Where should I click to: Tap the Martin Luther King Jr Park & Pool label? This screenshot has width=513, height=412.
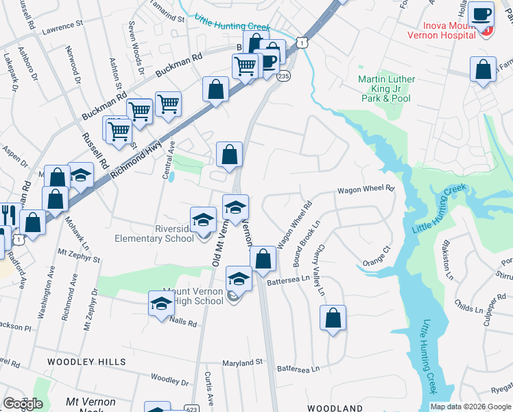pyautogui.click(x=386, y=89)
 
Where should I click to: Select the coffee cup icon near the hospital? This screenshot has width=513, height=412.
pyautogui.click(x=481, y=14)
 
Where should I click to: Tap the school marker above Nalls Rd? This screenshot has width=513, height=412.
pyautogui.click(x=161, y=304)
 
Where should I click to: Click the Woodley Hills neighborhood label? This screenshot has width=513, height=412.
pyautogui.click(x=86, y=361)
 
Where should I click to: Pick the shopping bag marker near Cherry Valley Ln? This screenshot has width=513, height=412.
pyautogui.click(x=333, y=318)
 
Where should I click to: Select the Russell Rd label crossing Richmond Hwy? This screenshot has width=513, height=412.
pyautogui.click(x=91, y=152)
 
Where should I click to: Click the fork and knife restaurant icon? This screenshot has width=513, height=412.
pyautogui.click(x=9, y=214)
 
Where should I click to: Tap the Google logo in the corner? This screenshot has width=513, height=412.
pyautogui.click(x=23, y=404)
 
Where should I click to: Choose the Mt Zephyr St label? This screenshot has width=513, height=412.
pyautogui.click(x=79, y=255)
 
